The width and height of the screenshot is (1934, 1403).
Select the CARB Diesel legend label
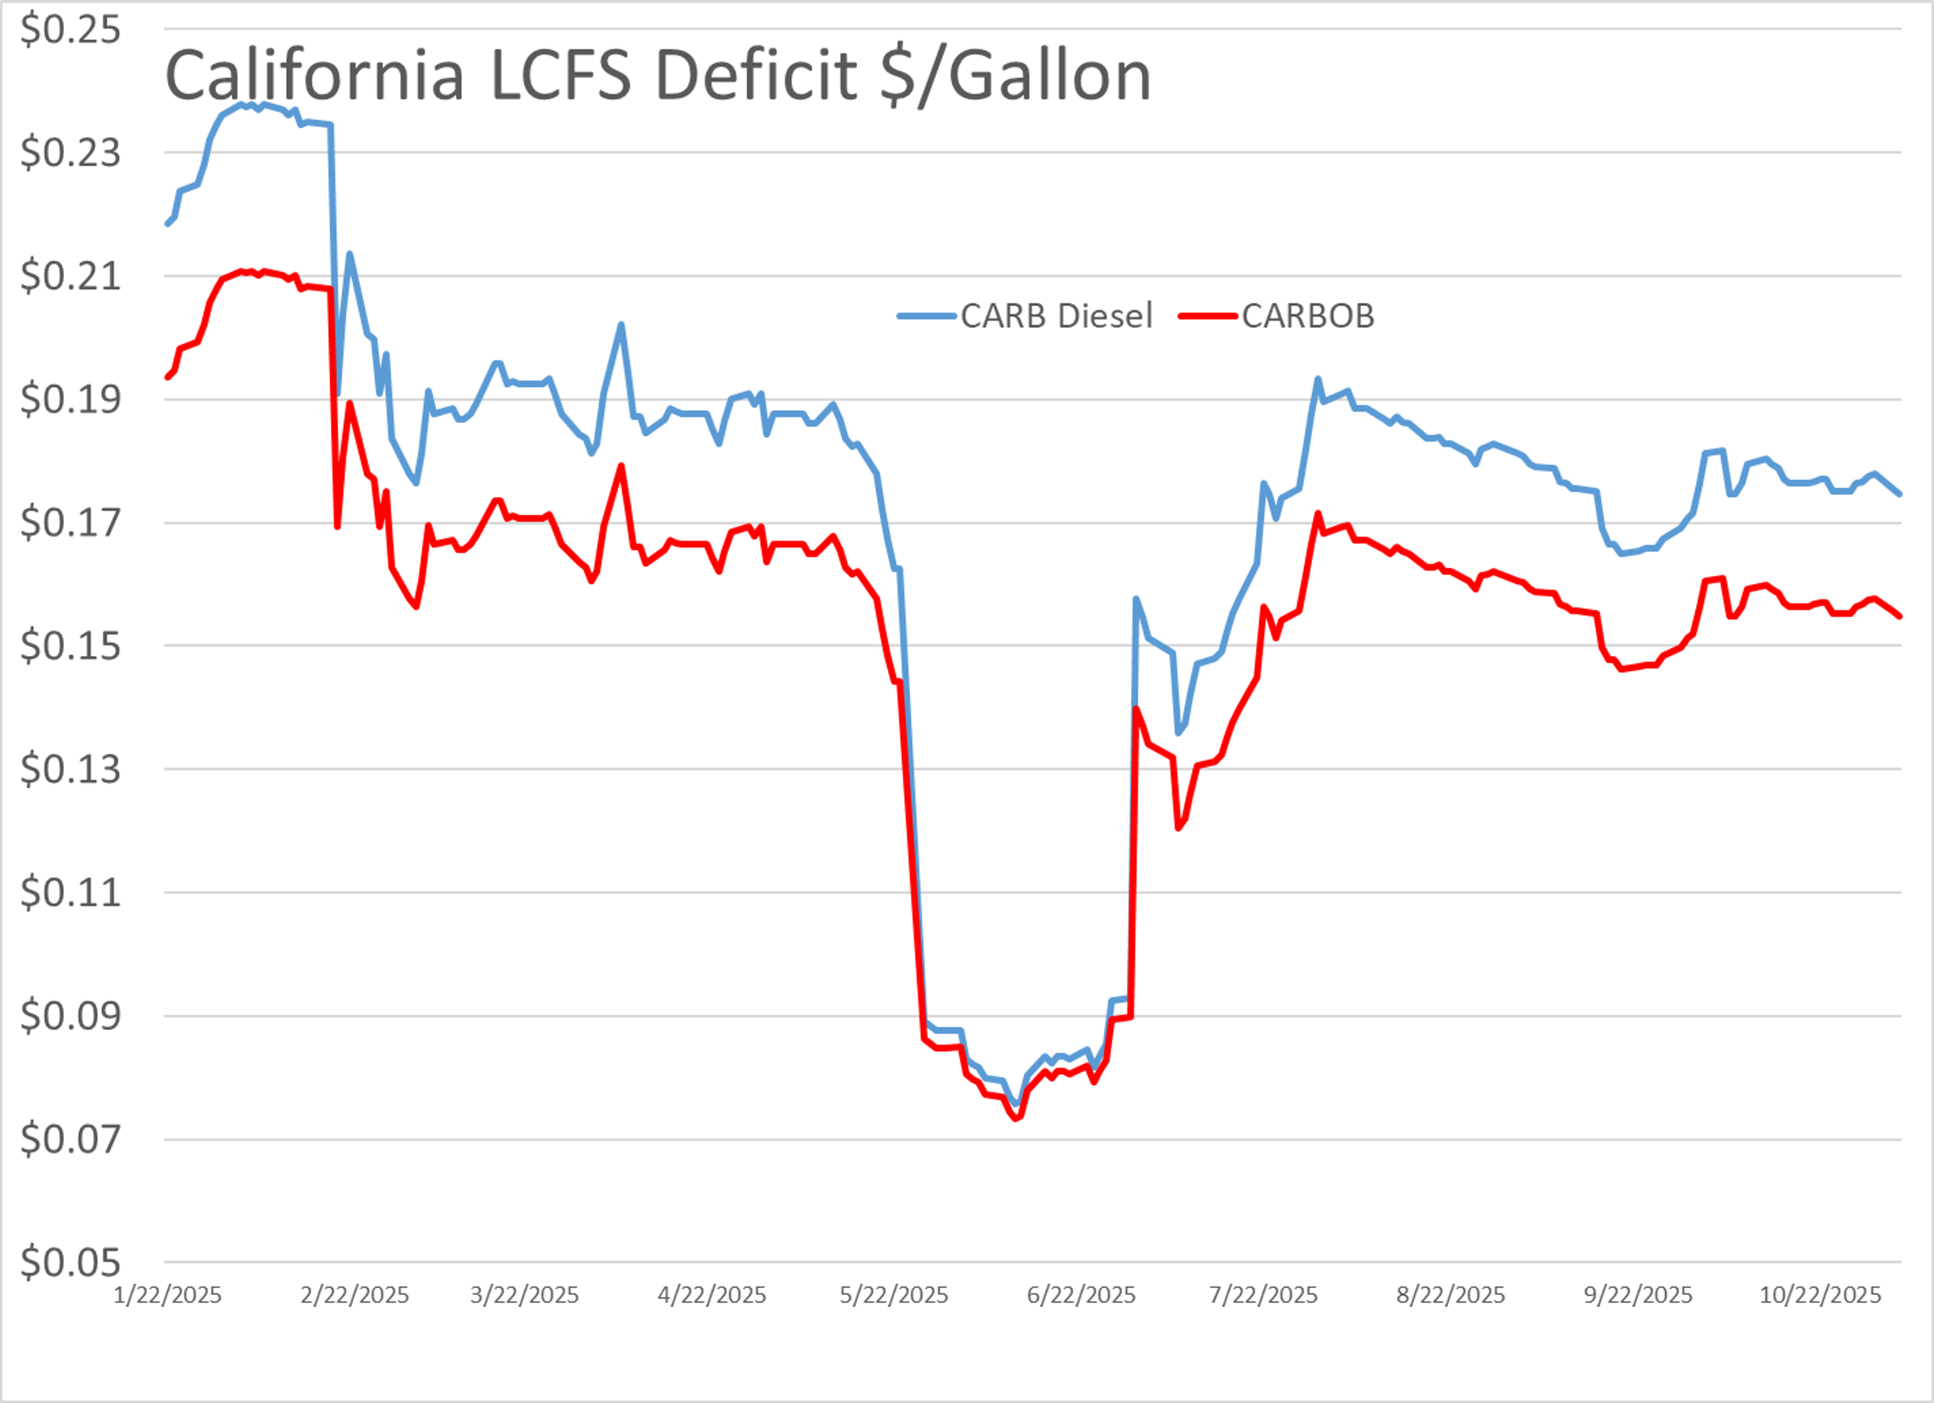pyautogui.click(x=1056, y=316)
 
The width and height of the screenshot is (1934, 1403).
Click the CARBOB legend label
pyautogui.click(x=1307, y=316)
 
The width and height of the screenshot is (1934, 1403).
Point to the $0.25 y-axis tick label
pyautogui.click(x=70, y=30)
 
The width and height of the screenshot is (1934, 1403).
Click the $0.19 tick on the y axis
pyautogui.click(x=70, y=399)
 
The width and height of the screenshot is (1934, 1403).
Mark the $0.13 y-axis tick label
pyautogui.click(x=70, y=769)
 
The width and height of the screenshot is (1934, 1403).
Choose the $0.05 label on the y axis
pyautogui.click(x=70, y=1262)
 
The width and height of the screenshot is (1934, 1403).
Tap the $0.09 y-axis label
pyautogui.click(x=70, y=1016)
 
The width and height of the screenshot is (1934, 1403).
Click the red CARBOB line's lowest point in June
pyautogui.click(x=1016, y=1117)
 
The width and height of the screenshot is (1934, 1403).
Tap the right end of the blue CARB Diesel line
pyautogui.click(x=1900, y=494)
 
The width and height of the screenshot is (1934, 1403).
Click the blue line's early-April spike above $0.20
pyautogui.click(x=621, y=324)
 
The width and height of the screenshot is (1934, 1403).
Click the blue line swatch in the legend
pyautogui.click(x=926, y=316)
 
